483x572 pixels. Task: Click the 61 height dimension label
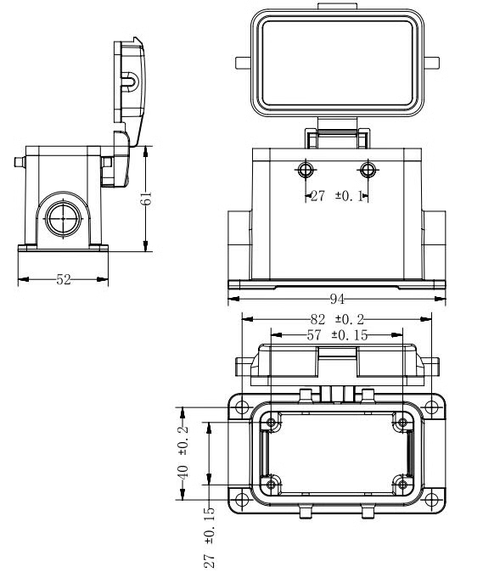[x=146, y=198]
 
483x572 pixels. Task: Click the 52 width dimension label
[x=64, y=279]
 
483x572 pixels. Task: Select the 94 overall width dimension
[x=337, y=299]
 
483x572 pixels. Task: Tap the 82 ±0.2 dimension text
[x=337, y=320]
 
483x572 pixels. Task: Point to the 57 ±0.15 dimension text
[x=338, y=335]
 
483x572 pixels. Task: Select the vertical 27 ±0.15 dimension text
[x=210, y=537]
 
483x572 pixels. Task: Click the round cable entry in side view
[x=63, y=218]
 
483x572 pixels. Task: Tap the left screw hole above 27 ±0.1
[x=306, y=169]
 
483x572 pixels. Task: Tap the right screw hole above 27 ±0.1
[x=368, y=169]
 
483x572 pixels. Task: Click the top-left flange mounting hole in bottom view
[x=241, y=407]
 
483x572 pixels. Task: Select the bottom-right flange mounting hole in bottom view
[x=431, y=500]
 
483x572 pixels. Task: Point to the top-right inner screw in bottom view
[x=402, y=423]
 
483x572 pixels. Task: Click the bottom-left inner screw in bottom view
[x=271, y=485]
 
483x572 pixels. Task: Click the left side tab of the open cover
[x=243, y=63]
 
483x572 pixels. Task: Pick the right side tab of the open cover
[x=431, y=63]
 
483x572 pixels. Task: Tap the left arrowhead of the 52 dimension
[x=23, y=279]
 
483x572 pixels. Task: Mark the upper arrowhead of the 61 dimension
[x=145, y=151]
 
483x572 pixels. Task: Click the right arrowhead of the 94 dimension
[x=441, y=299]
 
